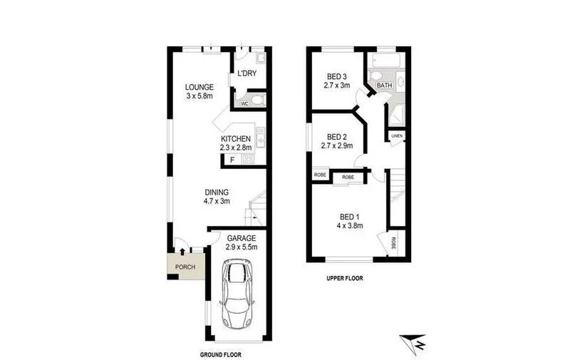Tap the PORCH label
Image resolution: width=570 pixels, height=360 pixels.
click(x=186, y=267)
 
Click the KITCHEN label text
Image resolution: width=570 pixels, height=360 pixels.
click(x=236, y=138)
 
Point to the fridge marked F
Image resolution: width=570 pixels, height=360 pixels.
click(x=232, y=160)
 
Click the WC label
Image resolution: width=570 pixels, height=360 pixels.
click(x=244, y=103)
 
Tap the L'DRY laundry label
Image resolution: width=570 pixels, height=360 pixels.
click(x=247, y=74)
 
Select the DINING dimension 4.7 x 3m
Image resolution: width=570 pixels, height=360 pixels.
click(x=217, y=202)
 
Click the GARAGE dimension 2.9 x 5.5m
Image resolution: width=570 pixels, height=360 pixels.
click(x=241, y=247)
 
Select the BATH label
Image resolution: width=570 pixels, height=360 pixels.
click(x=385, y=86)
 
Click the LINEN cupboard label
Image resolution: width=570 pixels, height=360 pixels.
click(x=397, y=136)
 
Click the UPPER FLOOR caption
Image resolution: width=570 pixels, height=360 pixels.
click(x=344, y=279)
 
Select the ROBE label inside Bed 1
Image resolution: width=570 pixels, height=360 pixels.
click(x=394, y=242)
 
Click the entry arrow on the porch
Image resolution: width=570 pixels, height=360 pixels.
click(x=182, y=250)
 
